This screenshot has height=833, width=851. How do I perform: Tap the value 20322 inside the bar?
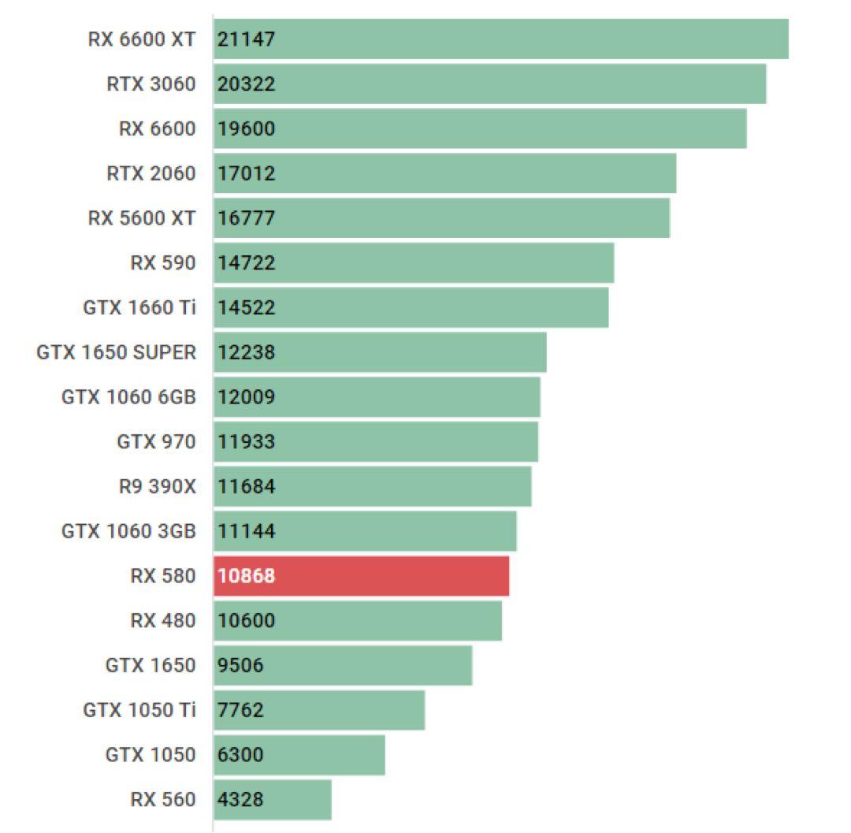(x=247, y=84)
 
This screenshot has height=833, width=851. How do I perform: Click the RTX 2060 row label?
(x=151, y=173)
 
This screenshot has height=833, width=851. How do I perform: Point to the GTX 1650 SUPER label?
(x=116, y=352)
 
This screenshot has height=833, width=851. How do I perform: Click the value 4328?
(x=240, y=799)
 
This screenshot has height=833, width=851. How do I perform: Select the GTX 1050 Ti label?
(x=139, y=710)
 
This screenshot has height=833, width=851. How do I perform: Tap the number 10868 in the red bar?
(x=247, y=576)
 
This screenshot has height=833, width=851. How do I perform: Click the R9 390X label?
(x=157, y=486)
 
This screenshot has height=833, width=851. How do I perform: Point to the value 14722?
(x=247, y=262)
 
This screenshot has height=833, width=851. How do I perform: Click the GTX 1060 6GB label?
(x=128, y=397)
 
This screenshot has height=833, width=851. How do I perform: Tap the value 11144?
(x=247, y=531)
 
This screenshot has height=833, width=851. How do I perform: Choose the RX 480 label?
(x=162, y=620)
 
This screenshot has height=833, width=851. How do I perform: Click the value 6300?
(x=240, y=755)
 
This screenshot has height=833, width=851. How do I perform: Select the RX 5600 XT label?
(x=141, y=218)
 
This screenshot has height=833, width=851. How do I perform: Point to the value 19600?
(x=247, y=128)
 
